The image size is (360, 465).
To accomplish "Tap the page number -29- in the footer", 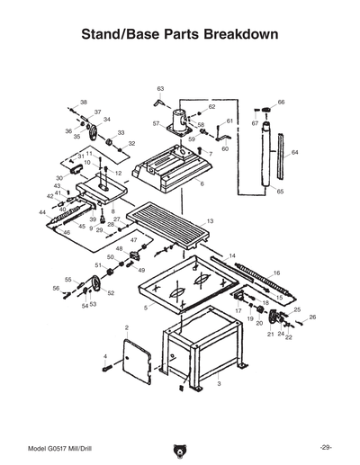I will click(x=326, y=447).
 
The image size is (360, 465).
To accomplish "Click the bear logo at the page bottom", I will click(x=180, y=447).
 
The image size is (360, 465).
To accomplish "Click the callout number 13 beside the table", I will click(x=210, y=220).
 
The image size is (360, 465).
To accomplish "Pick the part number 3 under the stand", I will click(x=219, y=384).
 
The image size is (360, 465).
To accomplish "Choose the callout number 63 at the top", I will click(x=160, y=88).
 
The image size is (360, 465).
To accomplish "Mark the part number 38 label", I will click(x=84, y=103).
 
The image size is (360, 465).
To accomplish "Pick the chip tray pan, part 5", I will click(x=180, y=290).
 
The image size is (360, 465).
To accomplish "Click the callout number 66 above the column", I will click(x=281, y=103).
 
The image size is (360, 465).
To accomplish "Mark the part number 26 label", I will click(x=312, y=317).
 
